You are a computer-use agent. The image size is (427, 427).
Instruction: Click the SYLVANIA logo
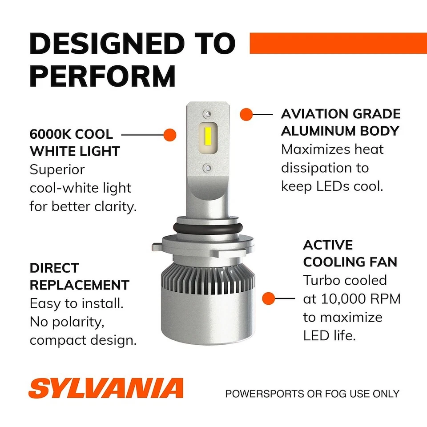[106, 388]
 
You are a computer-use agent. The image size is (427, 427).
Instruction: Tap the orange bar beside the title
[338, 43]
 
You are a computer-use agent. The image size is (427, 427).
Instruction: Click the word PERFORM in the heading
[103, 76]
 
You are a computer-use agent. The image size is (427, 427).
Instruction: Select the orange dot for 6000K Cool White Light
[170, 134]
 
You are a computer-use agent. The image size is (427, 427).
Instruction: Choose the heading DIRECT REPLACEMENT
[79, 276]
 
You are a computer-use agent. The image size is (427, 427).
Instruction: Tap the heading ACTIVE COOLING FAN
[350, 253]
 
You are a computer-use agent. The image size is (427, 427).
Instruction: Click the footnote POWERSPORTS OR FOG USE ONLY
[312, 394]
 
